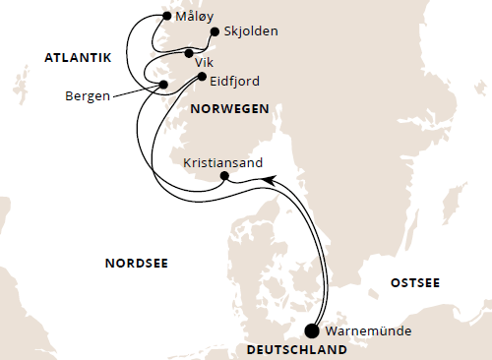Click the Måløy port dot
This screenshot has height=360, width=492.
point(165,17)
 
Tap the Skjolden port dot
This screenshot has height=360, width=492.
point(214,31)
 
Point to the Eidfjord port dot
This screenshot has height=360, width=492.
point(202,77)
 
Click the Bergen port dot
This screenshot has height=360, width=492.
point(164,86)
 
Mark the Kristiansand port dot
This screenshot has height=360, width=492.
point(224,177)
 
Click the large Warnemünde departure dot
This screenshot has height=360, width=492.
point(313,331)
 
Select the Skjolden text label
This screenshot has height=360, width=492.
point(251,31)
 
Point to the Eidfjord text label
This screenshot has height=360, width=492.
point(237,78)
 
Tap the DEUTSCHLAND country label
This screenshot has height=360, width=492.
point(296,350)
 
